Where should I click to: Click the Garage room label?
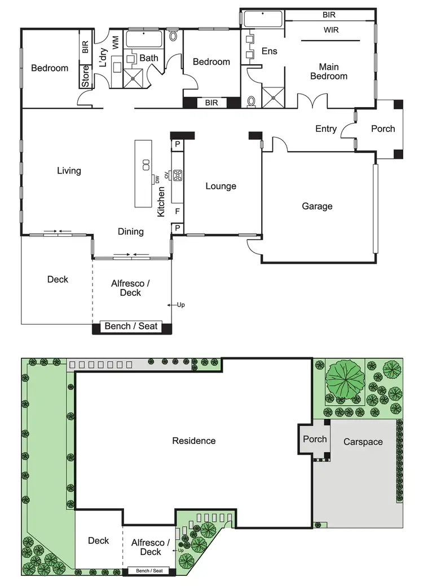(317, 206)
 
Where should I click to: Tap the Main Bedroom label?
(329, 72)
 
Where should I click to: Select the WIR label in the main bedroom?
(331, 30)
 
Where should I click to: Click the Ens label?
(270, 51)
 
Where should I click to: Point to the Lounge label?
(221, 186)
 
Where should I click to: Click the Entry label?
(325, 129)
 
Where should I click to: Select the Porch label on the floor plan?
(383, 128)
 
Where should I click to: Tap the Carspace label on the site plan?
(363, 442)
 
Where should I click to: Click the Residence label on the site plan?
(194, 441)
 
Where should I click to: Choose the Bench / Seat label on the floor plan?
(131, 326)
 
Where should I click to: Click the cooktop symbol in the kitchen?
(178, 175)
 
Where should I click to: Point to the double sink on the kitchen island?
(145, 165)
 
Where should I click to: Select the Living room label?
(69, 171)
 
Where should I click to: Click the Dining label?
(130, 231)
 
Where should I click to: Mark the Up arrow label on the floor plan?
(180, 305)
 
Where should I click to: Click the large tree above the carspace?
(343, 378)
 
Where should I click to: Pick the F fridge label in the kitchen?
(177, 212)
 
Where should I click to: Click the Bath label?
(149, 57)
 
